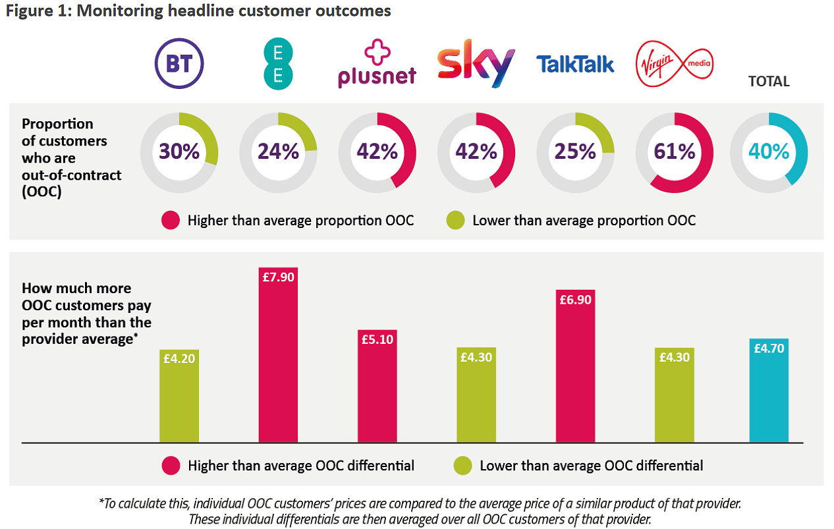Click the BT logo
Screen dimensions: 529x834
(179, 64)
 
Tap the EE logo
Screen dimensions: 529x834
(277, 64)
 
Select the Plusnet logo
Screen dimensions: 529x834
(376, 64)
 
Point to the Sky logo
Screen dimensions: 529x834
(476, 64)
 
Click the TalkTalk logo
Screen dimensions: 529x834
(574, 64)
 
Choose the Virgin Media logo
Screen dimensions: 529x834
(674, 64)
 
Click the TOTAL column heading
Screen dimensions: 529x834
(769, 82)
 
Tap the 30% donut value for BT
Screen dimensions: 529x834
(179, 152)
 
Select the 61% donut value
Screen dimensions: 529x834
(675, 152)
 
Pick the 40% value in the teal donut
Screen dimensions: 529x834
(769, 152)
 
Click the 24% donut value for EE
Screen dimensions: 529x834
(278, 152)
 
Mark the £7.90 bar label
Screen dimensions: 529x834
(278, 277)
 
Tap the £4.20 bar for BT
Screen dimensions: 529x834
(179, 395)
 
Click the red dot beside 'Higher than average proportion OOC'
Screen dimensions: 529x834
(170, 221)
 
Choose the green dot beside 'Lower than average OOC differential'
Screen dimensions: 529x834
(463, 466)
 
